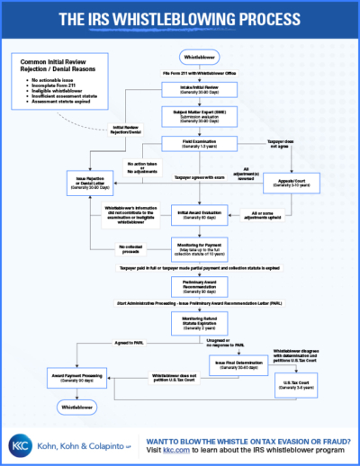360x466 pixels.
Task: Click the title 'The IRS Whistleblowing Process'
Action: pyautogui.click(x=180, y=19)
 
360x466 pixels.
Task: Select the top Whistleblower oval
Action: pyautogui.click(x=198, y=55)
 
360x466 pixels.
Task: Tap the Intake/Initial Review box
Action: pyautogui.click(x=198, y=90)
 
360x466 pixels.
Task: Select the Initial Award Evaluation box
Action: pyautogui.click(x=198, y=216)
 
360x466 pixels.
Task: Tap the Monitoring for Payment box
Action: pyautogui.click(x=198, y=246)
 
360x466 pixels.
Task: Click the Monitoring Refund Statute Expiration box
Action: pyautogui.click(x=198, y=321)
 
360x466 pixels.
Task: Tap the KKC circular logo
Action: pyautogui.click(x=22, y=444)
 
